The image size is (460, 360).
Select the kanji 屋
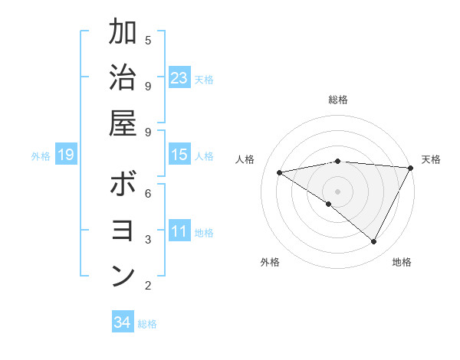(123, 123)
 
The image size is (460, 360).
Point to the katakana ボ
(123, 185)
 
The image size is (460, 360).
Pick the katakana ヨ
(123, 231)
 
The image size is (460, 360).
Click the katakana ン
(123, 276)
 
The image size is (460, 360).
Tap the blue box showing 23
(179, 78)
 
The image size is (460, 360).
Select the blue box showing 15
(179, 155)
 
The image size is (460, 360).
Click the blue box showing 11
(179, 231)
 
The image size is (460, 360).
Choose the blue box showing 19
(65, 155)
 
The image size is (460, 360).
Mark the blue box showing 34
(122, 322)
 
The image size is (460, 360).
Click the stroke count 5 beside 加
(148, 40)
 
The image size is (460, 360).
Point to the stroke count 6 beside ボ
(148, 193)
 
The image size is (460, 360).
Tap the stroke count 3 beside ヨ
(148, 240)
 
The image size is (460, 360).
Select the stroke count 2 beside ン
(148, 286)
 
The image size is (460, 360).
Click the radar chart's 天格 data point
(410, 168)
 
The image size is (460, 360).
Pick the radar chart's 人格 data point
(280, 172)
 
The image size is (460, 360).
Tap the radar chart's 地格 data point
(373, 242)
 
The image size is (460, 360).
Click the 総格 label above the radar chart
(337, 100)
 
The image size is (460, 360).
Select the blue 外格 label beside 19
(41, 156)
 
